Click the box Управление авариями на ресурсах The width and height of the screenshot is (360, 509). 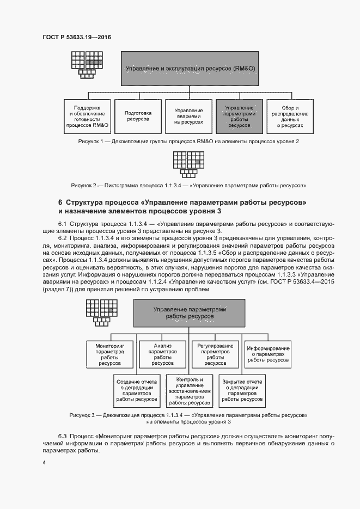189,116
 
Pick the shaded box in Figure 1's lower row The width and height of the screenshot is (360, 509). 239,116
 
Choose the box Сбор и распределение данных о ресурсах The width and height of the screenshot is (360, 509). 289,116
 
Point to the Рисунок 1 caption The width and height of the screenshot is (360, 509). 189,142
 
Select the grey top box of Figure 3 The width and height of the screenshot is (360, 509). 189,312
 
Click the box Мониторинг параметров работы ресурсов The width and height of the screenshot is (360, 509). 111,354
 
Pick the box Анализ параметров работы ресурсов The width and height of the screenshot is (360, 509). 163,354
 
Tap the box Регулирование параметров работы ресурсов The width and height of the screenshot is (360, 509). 215,354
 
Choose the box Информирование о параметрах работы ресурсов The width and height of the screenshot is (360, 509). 268,354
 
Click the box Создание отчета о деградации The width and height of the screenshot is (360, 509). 137,390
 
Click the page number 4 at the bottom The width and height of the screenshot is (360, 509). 44,462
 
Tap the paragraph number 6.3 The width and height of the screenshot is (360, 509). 62,437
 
